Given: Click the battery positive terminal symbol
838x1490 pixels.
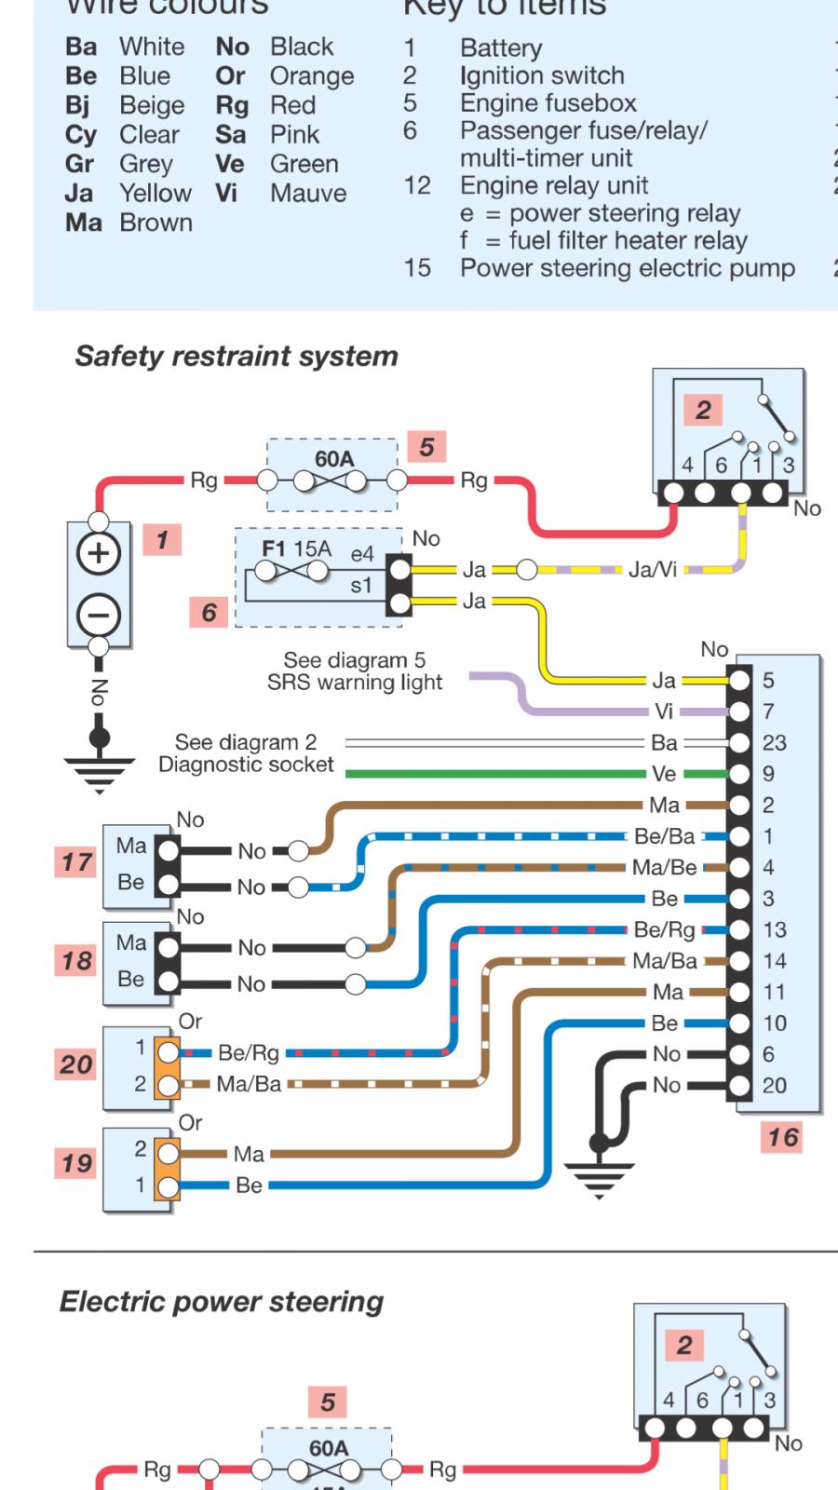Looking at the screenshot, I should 99,553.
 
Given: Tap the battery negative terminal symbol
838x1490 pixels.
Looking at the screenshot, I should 99,615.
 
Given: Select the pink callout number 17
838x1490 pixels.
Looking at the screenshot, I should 76,862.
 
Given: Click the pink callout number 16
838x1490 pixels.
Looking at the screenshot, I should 782,1137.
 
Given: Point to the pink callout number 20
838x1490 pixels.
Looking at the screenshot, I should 76,1064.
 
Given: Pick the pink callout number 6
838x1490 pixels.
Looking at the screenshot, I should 209,612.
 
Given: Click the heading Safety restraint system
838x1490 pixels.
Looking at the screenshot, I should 237,356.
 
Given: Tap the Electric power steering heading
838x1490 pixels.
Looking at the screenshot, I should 222,1301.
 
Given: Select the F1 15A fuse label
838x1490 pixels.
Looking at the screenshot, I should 296,549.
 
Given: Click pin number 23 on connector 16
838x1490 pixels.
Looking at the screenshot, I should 774,743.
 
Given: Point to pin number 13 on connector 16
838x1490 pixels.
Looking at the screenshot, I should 774,930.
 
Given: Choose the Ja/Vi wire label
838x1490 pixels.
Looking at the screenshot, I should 652,569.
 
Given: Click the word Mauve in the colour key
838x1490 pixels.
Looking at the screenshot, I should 308,194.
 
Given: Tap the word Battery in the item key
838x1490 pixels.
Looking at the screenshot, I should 501,47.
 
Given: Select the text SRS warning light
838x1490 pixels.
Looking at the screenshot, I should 355,683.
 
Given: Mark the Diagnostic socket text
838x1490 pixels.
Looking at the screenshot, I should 246,765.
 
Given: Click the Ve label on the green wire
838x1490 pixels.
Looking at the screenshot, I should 664,774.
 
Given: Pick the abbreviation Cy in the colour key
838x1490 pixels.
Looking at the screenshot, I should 81,135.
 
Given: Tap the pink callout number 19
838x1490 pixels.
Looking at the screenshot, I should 76,1163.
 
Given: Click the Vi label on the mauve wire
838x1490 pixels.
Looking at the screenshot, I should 664,711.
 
